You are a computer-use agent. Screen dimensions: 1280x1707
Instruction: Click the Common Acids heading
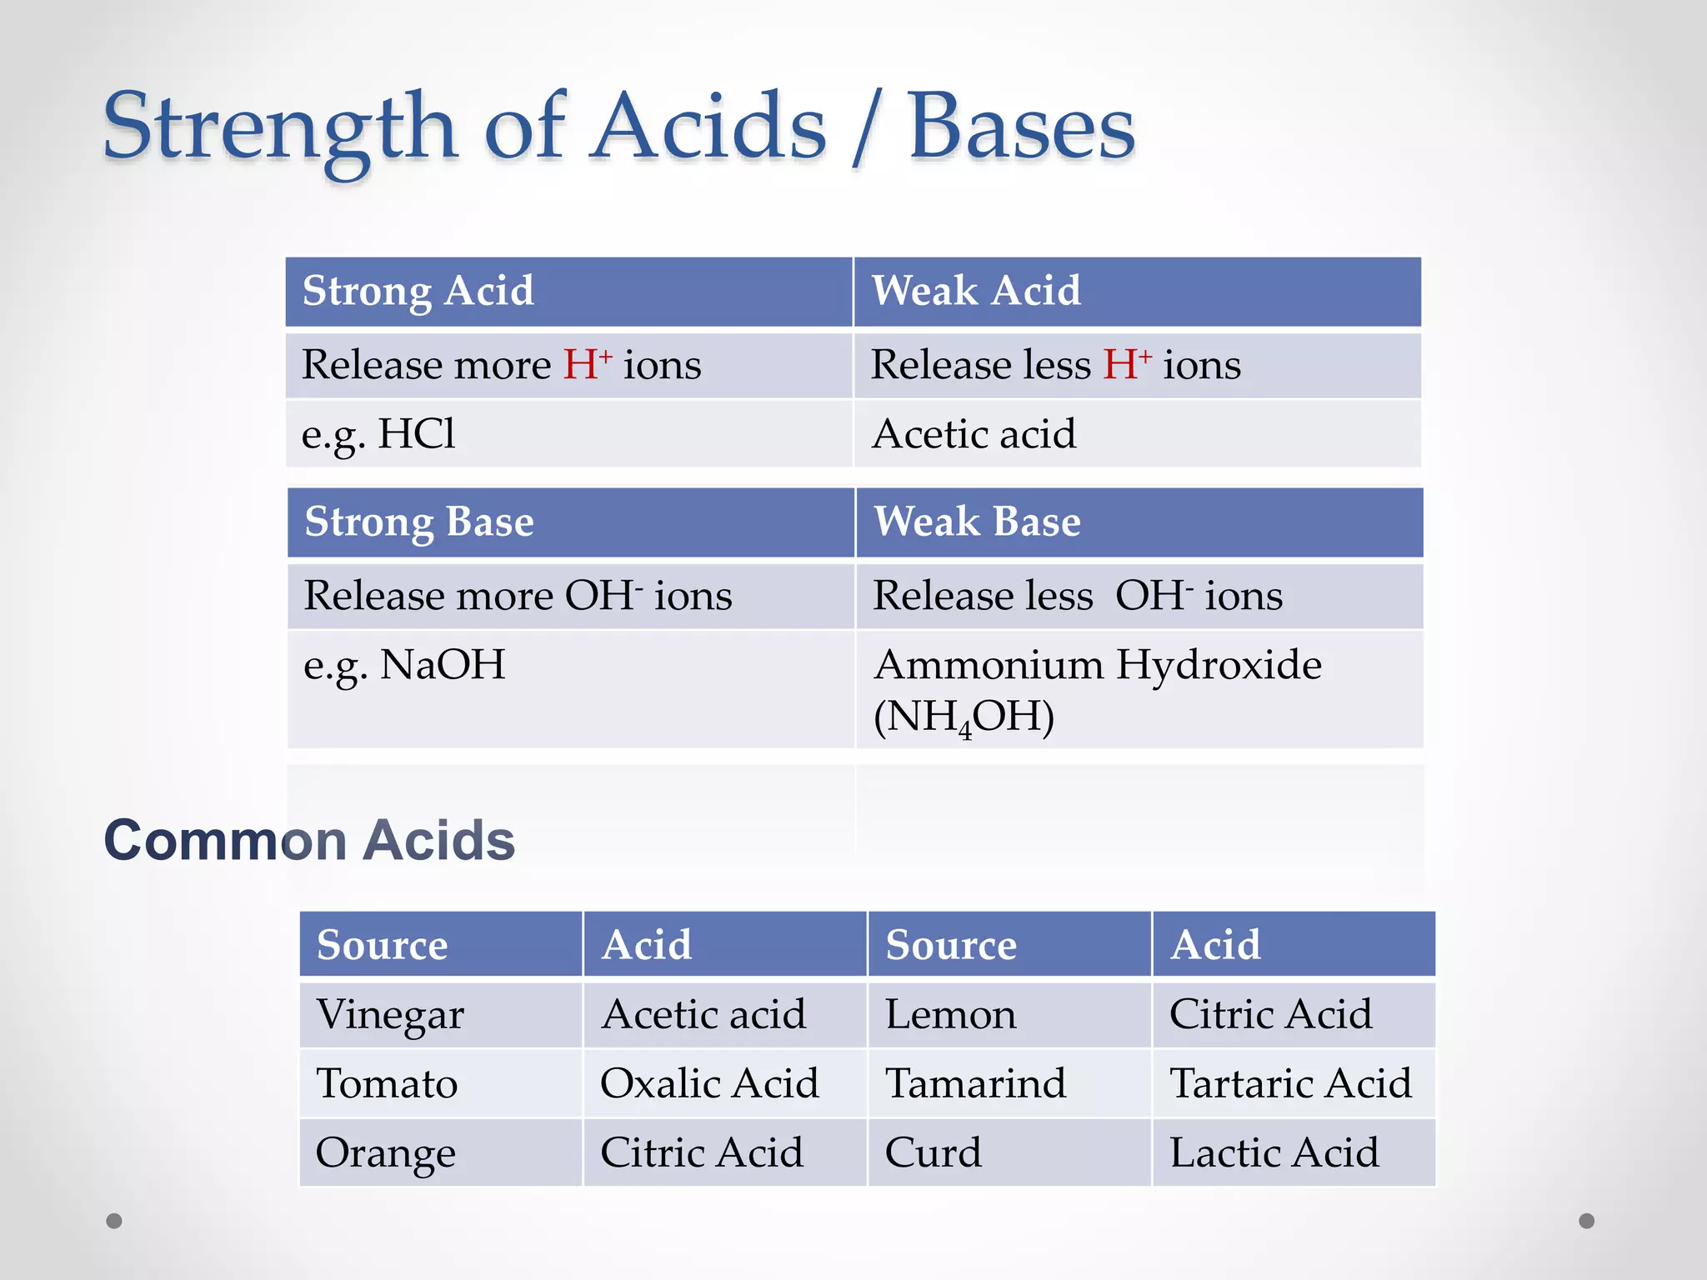(x=309, y=839)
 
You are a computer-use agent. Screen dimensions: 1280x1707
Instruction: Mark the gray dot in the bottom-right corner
(x=1587, y=1221)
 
